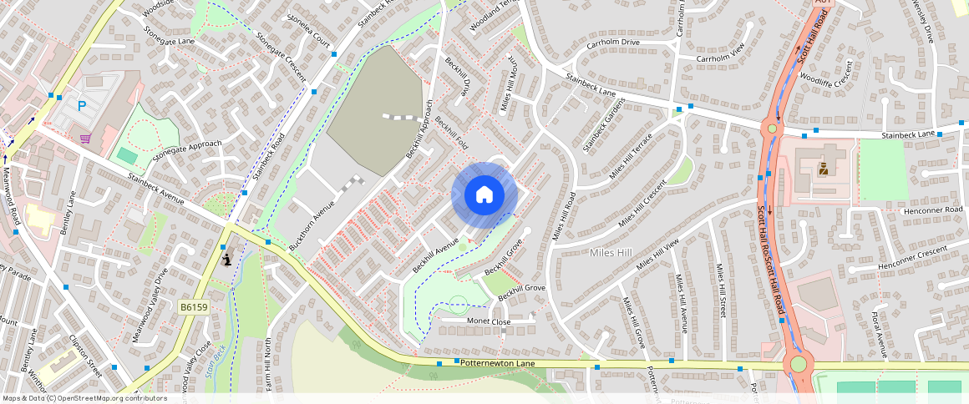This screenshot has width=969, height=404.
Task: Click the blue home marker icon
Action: [x=484, y=195]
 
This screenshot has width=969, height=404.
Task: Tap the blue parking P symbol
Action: [x=82, y=106]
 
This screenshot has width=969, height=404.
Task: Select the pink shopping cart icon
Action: [x=85, y=138]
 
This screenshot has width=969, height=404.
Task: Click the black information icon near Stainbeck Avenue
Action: [x=227, y=260]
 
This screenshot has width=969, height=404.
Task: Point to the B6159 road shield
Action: [x=194, y=307]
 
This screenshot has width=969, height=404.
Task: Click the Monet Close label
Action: [x=489, y=321]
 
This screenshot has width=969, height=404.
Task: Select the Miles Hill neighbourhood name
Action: [x=614, y=252]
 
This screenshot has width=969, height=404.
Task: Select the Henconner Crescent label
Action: [x=912, y=259]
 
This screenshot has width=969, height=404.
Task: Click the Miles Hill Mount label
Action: [x=510, y=88]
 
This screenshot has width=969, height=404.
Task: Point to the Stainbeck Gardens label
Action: [x=604, y=130]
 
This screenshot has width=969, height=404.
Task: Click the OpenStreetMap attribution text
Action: [x=84, y=398]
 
